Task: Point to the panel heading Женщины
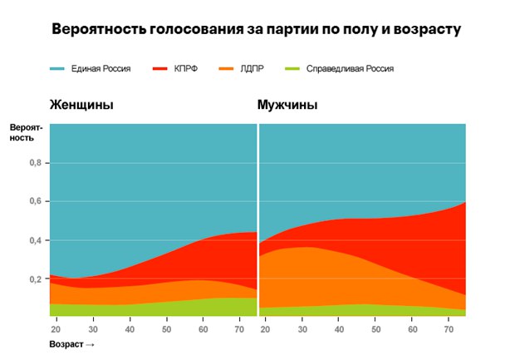point(81,106)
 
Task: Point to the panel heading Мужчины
point(288,106)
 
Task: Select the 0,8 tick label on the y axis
point(35,163)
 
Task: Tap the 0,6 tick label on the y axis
point(35,202)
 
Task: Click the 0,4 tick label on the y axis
point(35,241)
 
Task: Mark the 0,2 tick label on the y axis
point(35,279)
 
